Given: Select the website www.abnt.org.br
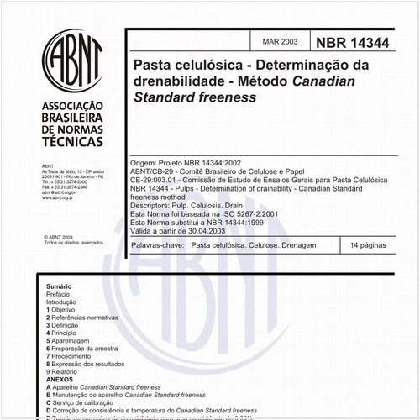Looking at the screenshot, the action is (x=58, y=198).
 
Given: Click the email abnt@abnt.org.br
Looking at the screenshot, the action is (x=60, y=193).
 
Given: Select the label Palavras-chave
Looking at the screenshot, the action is (x=157, y=245).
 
